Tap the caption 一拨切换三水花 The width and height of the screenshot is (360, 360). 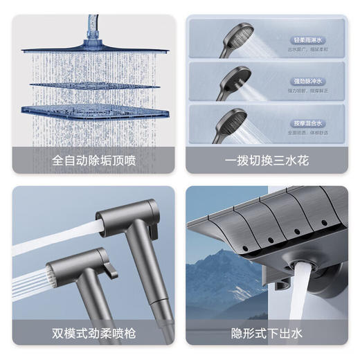click(267, 161)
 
